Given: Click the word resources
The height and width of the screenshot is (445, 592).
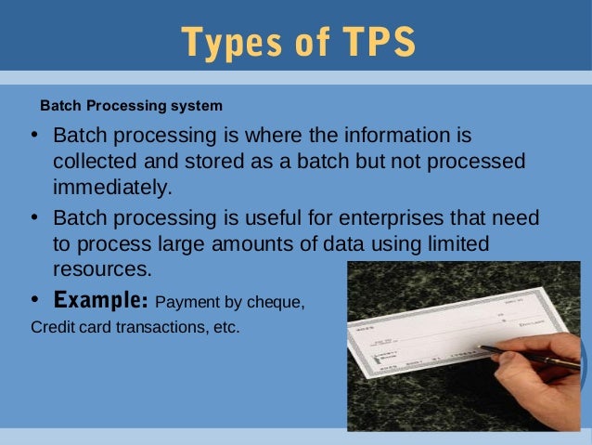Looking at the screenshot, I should (x=101, y=269).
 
